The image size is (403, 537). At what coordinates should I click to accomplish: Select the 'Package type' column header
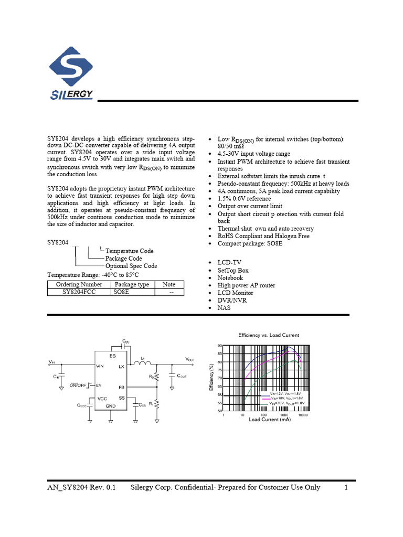pyautogui.click(x=132, y=284)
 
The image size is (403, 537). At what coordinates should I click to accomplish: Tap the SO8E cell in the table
pyautogui.click(x=122, y=292)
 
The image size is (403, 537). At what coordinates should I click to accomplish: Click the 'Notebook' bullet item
pyautogui.click(x=230, y=278)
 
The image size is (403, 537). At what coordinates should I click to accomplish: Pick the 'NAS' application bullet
pyautogui.click(x=224, y=308)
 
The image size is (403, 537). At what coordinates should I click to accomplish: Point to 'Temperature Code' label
pyautogui.click(x=129, y=251)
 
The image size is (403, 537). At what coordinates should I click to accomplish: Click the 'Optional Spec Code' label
pyautogui.click(x=131, y=266)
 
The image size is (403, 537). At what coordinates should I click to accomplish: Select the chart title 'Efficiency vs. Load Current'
pyautogui.click(x=269, y=335)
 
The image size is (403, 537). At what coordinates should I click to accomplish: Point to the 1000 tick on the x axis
pyautogui.click(x=283, y=415)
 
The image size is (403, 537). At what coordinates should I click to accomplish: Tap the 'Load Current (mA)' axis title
pyautogui.click(x=269, y=420)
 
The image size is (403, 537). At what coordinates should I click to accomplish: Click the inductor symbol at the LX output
pyautogui.click(x=142, y=362)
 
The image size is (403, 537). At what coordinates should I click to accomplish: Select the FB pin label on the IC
pyautogui.click(x=121, y=387)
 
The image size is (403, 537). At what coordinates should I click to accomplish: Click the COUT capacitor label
pyautogui.click(x=183, y=376)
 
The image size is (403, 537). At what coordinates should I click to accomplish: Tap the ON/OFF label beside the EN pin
pyautogui.click(x=78, y=385)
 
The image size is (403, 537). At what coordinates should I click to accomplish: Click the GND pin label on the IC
pyautogui.click(x=110, y=406)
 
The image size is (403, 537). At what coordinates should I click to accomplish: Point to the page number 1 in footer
pyautogui.click(x=346, y=487)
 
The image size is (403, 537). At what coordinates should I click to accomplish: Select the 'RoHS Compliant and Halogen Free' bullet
pyautogui.click(x=263, y=236)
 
